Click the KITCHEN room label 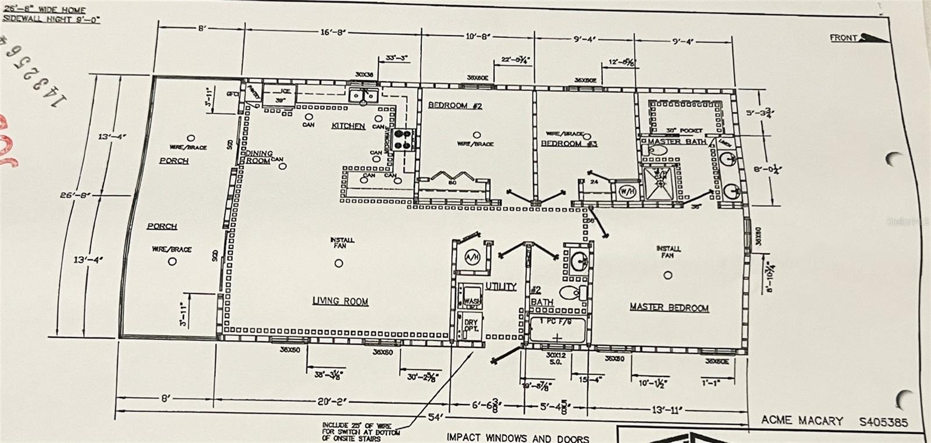tap(348, 126)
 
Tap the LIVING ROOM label tap(340, 301)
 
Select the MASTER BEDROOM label tap(669, 307)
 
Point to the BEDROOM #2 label tap(447, 105)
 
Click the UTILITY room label tap(500, 286)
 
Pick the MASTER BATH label tap(677, 141)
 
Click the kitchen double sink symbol tap(364, 95)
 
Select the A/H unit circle tap(472, 257)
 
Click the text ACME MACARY tap(801, 420)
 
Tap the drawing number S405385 tap(883, 422)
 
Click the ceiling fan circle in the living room tap(339, 263)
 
